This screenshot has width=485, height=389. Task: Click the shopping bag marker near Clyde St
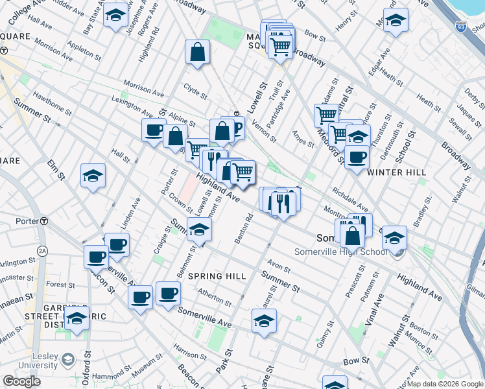tap(197, 52)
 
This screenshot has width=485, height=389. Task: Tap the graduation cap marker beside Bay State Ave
tap(117, 16)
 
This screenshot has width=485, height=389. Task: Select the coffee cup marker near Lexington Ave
tap(154, 129)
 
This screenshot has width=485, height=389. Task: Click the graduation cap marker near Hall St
tap(93, 175)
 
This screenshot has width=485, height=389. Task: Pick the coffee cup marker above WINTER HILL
tap(356, 156)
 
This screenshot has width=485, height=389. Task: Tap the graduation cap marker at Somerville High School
tap(394, 238)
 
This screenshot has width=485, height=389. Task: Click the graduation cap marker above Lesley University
tap(77, 318)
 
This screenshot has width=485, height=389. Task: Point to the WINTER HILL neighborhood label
tap(396, 172)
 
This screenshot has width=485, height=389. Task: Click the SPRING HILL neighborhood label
tap(217, 276)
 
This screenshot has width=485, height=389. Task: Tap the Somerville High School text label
tap(340, 252)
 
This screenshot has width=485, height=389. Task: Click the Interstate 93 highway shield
tap(460, 27)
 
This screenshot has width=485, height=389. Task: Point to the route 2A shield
tap(43, 250)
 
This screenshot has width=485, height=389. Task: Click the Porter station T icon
tap(43, 220)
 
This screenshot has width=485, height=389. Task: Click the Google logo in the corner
tap(22, 381)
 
